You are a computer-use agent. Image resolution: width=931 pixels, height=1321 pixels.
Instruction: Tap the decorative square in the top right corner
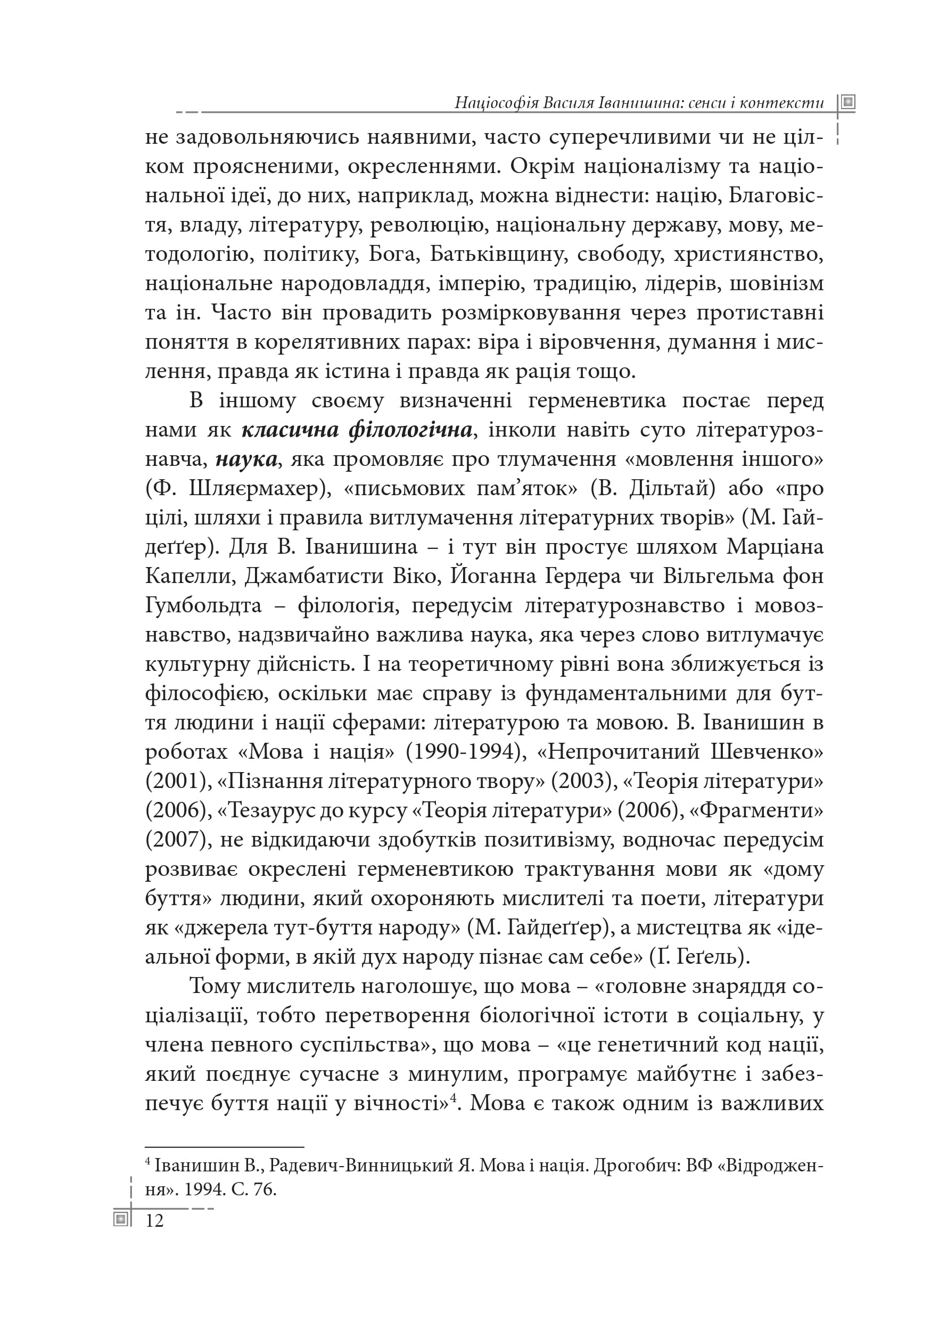(x=847, y=103)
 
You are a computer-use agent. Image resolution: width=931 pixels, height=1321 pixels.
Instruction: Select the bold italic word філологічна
(x=410, y=430)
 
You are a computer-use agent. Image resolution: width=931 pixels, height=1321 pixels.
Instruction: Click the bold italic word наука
(x=246, y=459)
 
